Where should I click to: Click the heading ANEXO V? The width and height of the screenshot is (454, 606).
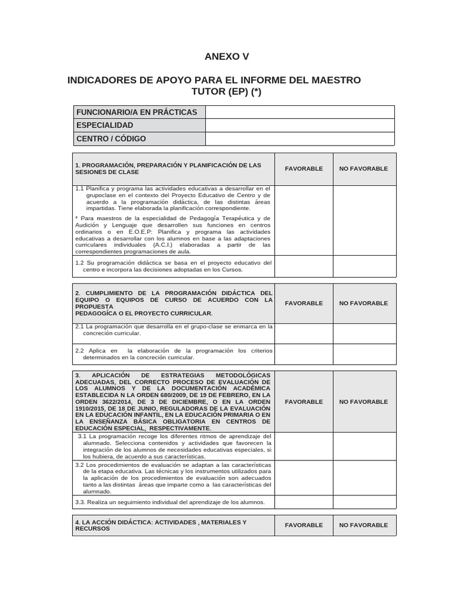point(226,57)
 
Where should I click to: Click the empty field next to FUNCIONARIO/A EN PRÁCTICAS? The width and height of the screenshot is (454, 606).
point(300,112)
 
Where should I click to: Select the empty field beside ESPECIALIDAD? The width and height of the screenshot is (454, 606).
point(300,125)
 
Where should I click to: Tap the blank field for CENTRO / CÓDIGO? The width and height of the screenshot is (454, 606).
point(300,138)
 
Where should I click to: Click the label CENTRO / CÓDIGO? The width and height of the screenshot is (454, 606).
point(111,138)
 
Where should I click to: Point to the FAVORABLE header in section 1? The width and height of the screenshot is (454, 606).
point(304,169)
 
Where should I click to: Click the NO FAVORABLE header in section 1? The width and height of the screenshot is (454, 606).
point(363,169)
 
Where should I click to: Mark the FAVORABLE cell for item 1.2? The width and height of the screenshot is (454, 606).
point(304,266)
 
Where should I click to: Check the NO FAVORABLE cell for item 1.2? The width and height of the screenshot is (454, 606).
point(363,266)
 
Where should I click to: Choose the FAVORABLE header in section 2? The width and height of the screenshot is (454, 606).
point(304,303)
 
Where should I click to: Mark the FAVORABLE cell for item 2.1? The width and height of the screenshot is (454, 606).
point(304,333)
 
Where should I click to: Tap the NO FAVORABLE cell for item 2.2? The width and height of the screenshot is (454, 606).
point(363,354)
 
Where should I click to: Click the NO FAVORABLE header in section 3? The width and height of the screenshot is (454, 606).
point(363,402)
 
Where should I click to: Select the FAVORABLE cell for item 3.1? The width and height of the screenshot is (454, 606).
point(304,446)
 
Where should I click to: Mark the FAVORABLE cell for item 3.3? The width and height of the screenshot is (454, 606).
point(304,502)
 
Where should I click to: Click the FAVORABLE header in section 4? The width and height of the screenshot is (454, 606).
point(304,525)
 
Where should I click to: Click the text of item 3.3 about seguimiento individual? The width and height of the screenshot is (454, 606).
point(170,502)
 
